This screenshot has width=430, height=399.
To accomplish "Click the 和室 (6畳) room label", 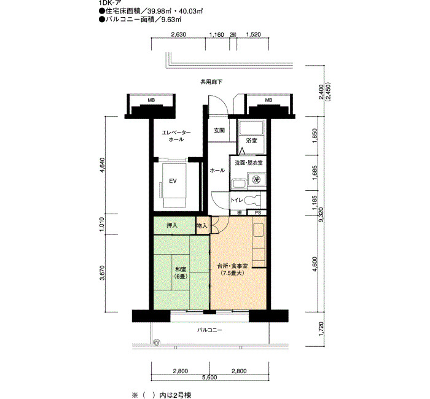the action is pos(181,273).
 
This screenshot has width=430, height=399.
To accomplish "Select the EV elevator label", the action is pos(173,181).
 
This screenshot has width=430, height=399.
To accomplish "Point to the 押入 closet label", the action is pos(172,225).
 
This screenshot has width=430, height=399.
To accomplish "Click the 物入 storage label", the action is pos(202,226).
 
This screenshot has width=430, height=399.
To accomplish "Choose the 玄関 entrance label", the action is pos(219,130).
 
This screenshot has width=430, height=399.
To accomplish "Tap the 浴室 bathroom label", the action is pos(251,141).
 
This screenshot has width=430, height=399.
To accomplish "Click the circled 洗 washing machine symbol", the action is pos(256,180).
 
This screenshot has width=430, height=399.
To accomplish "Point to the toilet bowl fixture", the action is pos(252,200).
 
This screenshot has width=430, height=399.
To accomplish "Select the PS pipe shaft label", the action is pos(258,212).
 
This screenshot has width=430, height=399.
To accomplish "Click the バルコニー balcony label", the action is pos(209,330).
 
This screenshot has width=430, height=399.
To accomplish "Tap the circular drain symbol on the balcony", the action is pos(156,343).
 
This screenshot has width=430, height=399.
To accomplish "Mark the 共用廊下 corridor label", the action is pos(211,82).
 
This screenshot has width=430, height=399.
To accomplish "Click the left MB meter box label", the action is pos(151,100).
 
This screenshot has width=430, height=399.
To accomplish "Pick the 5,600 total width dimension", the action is pos(210,378).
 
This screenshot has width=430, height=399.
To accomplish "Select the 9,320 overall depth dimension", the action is pos(321,215).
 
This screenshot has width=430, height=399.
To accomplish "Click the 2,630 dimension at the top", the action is pos(179,34).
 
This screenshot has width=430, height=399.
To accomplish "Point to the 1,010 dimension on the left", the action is pos(102,225).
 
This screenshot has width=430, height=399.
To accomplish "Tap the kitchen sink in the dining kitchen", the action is pos(259,230).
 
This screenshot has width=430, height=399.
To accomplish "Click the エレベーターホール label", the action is pos(176,136).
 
